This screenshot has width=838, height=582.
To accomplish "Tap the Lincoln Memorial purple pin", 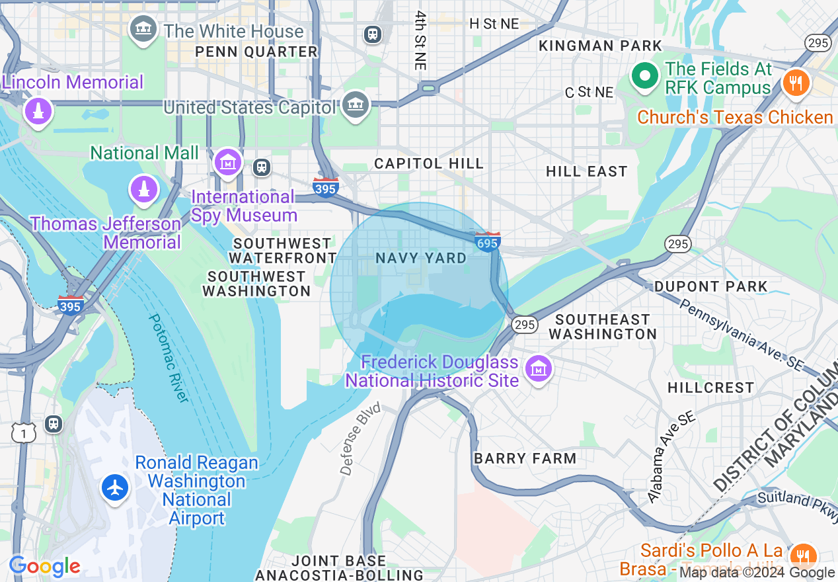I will click(x=38, y=110).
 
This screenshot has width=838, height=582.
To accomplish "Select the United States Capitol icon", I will click(x=356, y=105).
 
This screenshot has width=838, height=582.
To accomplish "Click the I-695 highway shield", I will click(x=487, y=242).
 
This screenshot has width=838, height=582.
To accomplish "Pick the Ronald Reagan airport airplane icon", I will click(x=115, y=488).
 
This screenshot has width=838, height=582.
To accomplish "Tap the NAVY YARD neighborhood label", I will click(x=421, y=258).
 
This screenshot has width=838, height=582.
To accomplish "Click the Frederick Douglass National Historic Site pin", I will click(x=539, y=369).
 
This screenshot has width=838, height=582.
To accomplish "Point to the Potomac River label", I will click(x=168, y=357).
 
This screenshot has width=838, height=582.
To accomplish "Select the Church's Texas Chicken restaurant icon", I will click(x=796, y=83).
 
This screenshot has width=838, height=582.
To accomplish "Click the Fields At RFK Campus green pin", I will click(x=644, y=76).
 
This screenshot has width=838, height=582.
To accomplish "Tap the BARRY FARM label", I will click(x=525, y=458).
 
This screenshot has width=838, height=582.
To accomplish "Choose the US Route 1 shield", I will click(x=24, y=433).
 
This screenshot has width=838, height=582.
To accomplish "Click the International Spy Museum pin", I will click(x=228, y=162).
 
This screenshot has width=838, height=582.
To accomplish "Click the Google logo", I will click(x=44, y=566).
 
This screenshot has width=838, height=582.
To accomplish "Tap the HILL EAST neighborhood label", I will click(x=586, y=171).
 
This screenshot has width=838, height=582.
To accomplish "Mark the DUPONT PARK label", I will click(x=710, y=286).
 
